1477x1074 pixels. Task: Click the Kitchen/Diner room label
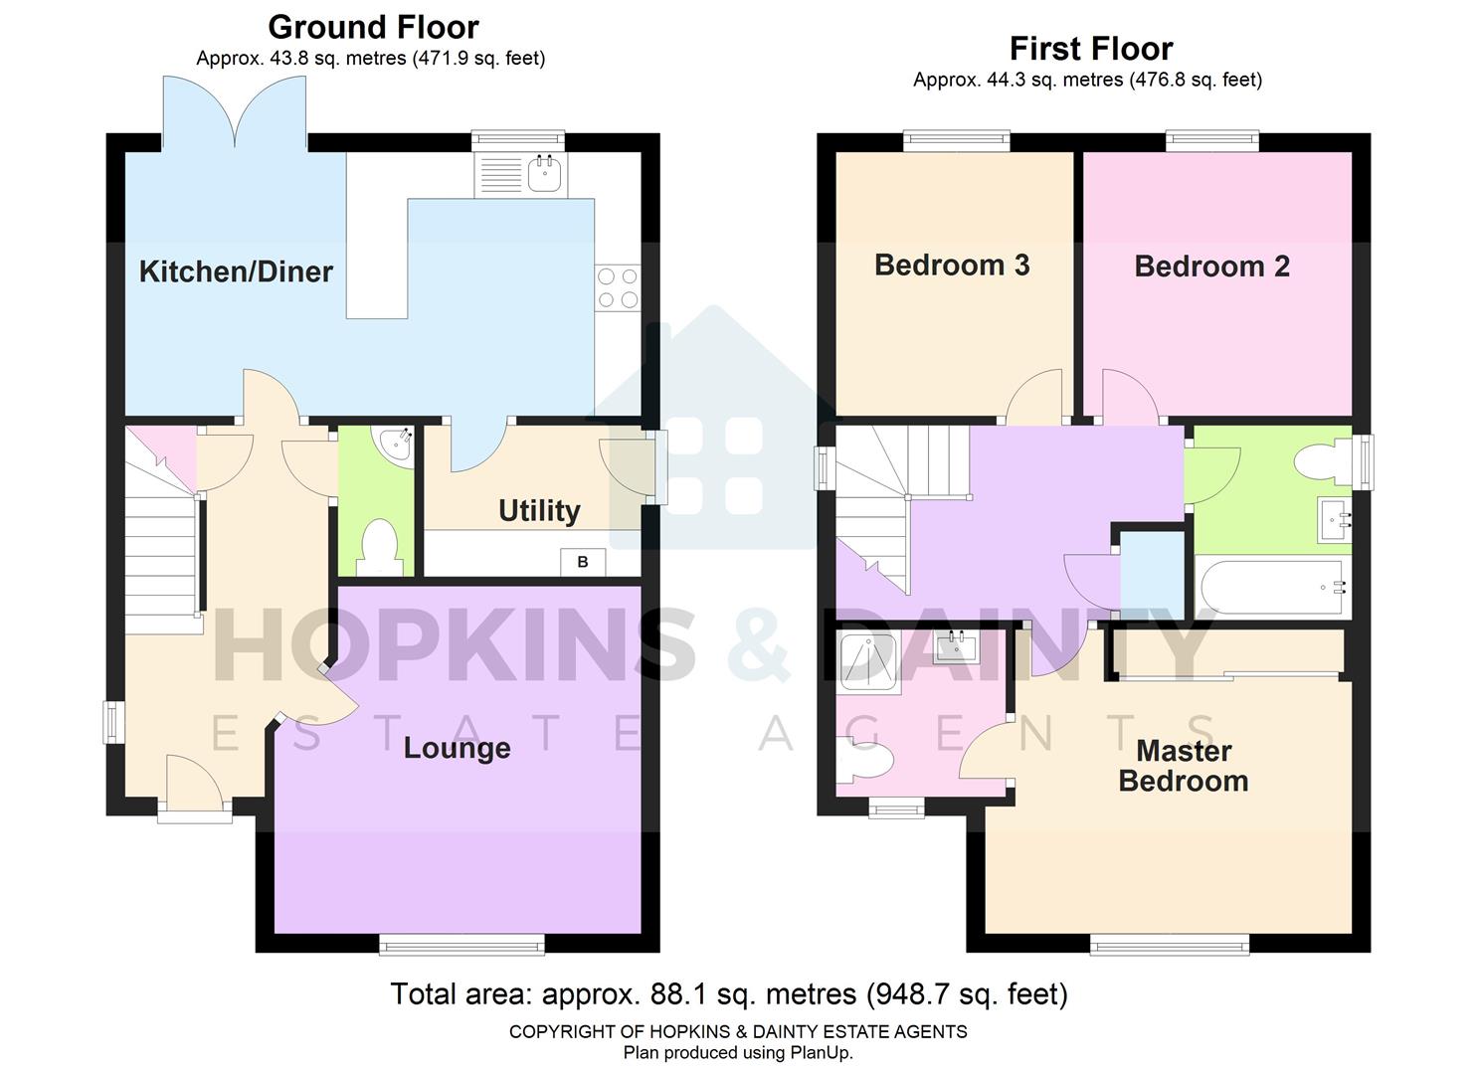(236, 271)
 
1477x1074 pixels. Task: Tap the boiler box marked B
(583, 562)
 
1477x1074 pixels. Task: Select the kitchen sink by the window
(545, 174)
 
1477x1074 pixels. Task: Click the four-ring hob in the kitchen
(617, 287)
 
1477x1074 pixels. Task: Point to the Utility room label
(539, 510)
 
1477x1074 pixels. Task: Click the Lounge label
(457, 748)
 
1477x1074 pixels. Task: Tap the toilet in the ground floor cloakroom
(377, 548)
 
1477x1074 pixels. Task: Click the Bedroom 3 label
(951, 265)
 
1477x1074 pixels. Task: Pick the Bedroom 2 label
(1211, 266)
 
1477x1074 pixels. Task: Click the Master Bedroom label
(1183, 766)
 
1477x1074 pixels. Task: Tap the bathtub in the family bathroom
(1272, 588)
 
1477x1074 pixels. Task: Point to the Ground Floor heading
(373, 27)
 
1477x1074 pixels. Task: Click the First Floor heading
(1090, 48)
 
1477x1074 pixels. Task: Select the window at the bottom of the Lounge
(462, 944)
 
